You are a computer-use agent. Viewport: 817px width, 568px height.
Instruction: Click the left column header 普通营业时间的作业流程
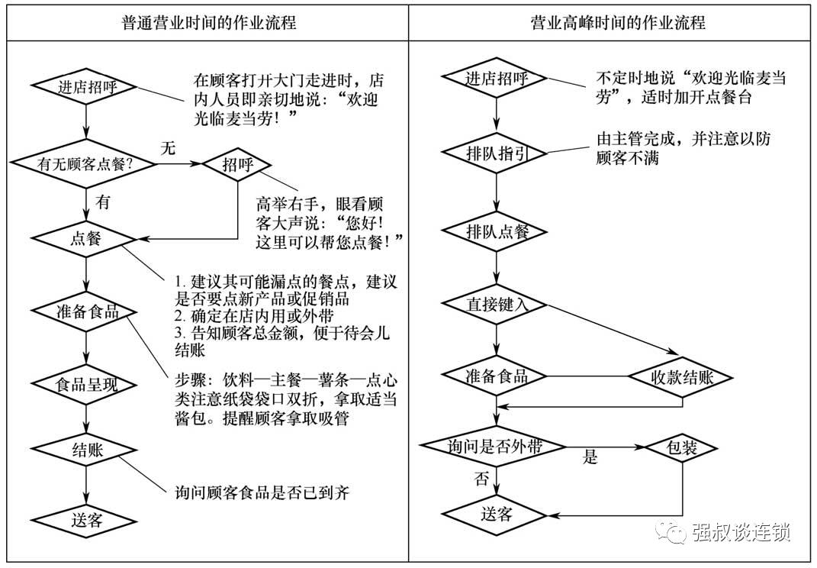tap(208, 22)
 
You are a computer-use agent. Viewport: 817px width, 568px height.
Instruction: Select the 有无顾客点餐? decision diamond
tap(85, 163)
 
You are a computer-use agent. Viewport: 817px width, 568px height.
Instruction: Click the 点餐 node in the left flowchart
tap(85, 237)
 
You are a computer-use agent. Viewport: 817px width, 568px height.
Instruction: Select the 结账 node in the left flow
tap(85, 450)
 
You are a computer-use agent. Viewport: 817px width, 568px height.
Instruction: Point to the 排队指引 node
tap(496, 153)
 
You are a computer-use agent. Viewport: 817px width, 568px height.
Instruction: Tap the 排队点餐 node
tap(496, 231)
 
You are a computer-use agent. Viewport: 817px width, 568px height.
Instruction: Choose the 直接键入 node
tap(496, 304)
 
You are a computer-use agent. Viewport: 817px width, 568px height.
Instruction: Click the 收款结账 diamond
tap(680, 377)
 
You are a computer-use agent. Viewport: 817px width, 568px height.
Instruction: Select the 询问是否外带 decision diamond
tap(496, 447)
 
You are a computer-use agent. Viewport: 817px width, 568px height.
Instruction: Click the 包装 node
tap(681, 447)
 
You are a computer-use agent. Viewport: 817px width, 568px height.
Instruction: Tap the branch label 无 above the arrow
tap(167, 148)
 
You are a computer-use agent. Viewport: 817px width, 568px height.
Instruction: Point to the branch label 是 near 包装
tap(590, 458)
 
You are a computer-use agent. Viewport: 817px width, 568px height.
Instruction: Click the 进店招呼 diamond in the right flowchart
tap(496, 79)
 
